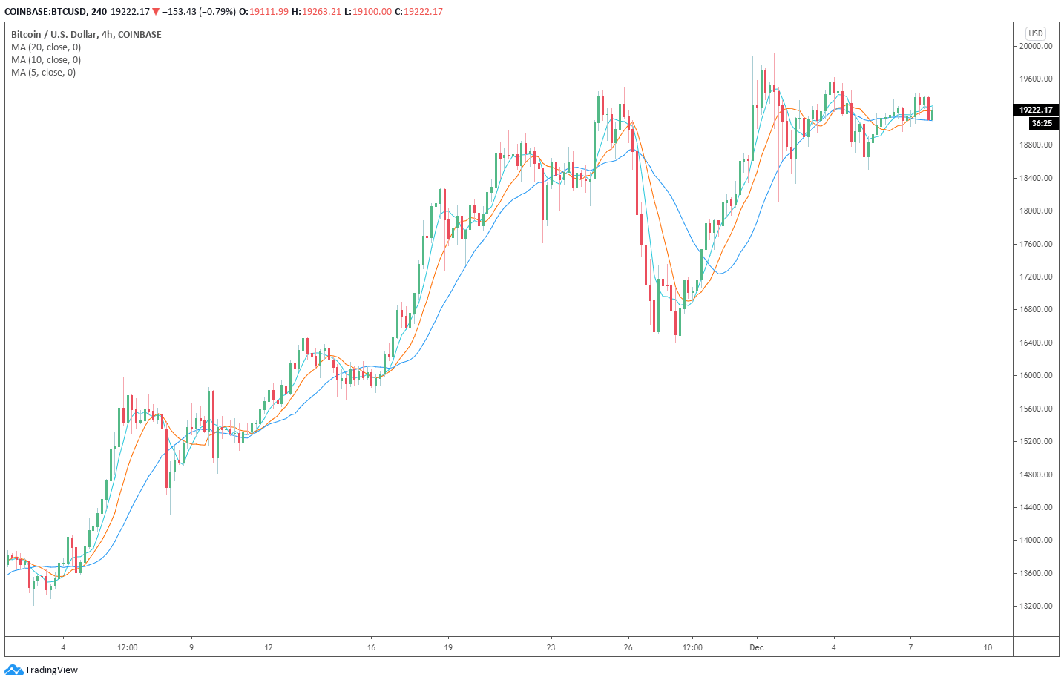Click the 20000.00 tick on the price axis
1036,46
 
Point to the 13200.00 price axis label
1036,606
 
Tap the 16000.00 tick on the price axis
1036,375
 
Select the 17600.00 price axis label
1036,244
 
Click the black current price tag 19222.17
1036,110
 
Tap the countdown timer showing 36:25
1041,123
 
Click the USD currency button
1036,33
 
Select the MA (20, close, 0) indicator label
46,47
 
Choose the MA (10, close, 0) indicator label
46,60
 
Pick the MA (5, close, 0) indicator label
43,73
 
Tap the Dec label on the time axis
756,647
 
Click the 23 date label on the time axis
551,647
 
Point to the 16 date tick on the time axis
371,647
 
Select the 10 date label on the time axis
988,647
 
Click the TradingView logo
42,670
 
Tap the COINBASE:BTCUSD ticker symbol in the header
45,12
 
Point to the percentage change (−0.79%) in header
217,12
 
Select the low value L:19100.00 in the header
368,12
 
